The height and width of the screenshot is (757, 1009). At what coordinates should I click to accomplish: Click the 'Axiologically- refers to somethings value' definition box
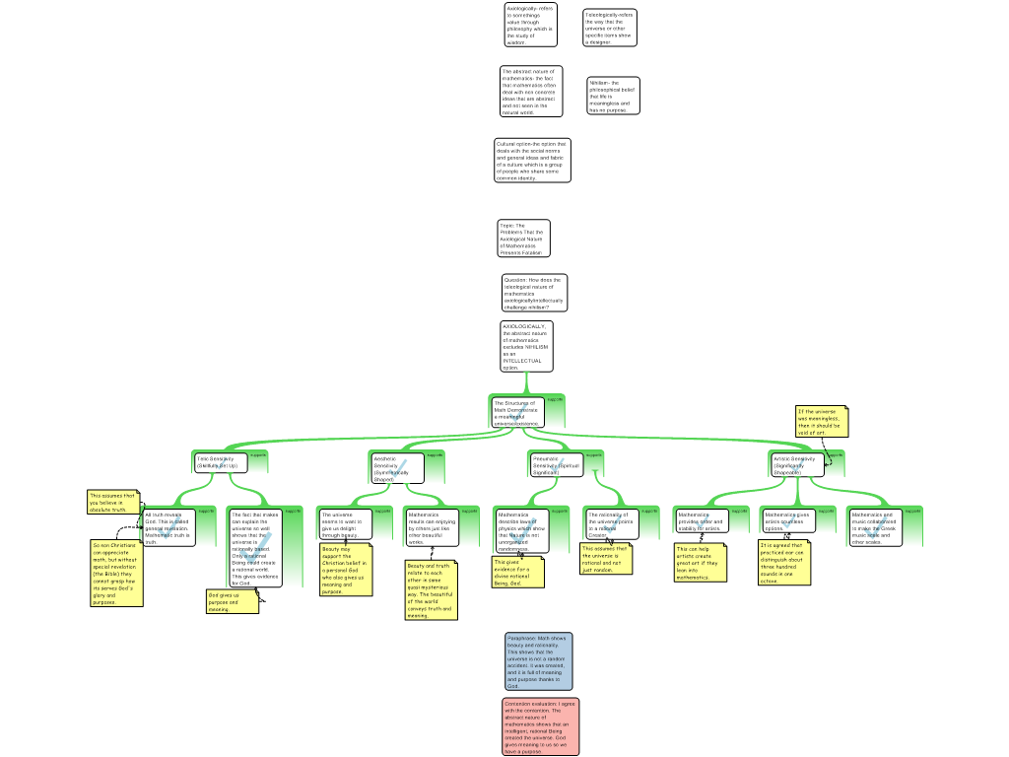pyautogui.click(x=530, y=25)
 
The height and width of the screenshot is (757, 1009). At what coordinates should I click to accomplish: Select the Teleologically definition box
pyautogui.click(x=609, y=28)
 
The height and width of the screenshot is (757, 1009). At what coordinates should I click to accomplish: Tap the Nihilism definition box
pyautogui.click(x=613, y=96)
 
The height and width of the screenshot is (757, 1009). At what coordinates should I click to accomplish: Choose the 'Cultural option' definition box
pyautogui.click(x=532, y=161)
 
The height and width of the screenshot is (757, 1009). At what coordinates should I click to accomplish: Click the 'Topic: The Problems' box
pyautogui.click(x=523, y=239)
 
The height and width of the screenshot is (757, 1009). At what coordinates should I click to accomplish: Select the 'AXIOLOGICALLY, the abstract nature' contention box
pyautogui.click(x=526, y=346)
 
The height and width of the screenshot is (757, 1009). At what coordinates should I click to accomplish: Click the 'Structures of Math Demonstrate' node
pyautogui.click(x=517, y=412)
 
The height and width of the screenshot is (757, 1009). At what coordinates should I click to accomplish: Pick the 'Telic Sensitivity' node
pyautogui.click(x=220, y=461)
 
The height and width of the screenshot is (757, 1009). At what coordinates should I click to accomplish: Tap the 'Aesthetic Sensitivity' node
pyautogui.click(x=397, y=467)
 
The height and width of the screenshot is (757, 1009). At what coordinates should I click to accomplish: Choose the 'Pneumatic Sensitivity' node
pyautogui.click(x=557, y=464)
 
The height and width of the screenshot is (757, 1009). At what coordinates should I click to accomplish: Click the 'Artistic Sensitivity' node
pyautogui.click(x=797, y=463)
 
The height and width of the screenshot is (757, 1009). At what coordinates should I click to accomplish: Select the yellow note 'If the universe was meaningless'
pyautogui.click(x=821, y=421)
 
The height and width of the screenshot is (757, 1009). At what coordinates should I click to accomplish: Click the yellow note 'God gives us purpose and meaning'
pyautogui.click(x=232, y=601)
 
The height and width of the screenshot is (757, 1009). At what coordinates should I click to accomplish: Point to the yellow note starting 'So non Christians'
pyautogui.click(x=116, y=573)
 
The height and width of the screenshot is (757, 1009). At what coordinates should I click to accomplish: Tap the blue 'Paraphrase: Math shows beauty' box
pyautogui.click(x=538, y=660)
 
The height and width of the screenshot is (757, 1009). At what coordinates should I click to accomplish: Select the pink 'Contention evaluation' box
pyautogui.click(x=540, y=726)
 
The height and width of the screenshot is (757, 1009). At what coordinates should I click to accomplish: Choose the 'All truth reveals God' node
pyautogui.click(x=168, y=527)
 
